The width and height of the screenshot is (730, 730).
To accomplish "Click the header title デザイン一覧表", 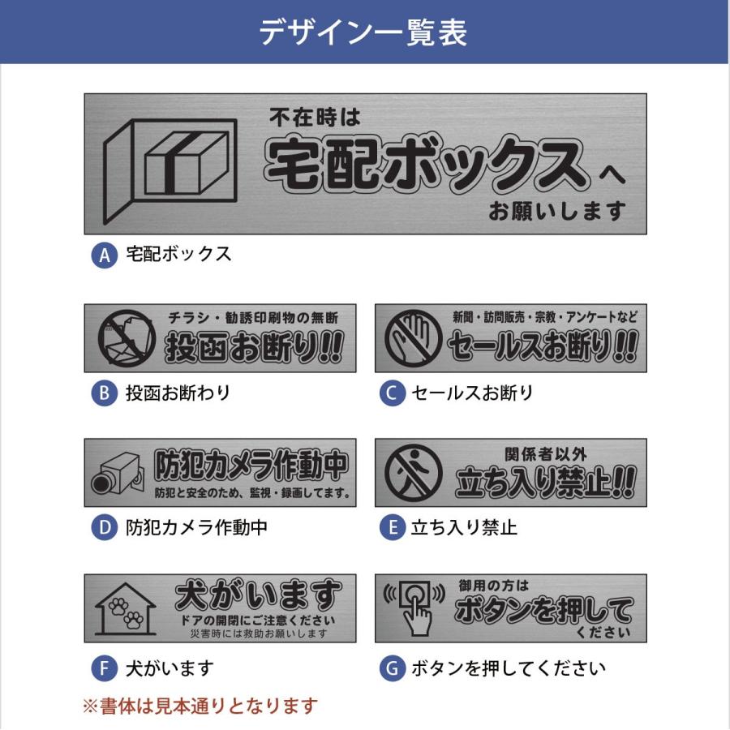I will tap(363, 32).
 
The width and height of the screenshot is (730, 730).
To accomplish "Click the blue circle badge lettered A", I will tap(104, 255).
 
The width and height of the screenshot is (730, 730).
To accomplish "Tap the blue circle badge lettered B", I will tap(104, 394).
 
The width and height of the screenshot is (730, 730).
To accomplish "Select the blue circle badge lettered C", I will tap(392, 394).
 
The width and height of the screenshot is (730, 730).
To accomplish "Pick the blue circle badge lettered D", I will tap(104, 528).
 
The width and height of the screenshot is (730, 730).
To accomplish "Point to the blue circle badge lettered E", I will tap(392, 528).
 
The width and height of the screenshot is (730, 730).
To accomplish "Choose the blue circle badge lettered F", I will tap(104, 669).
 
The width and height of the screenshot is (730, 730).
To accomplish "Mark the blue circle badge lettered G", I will tap(392, 669).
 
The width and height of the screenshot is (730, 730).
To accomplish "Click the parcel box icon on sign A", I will tap(172, 165).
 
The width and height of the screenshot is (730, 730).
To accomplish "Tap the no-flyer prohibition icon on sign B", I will tap(125, 338).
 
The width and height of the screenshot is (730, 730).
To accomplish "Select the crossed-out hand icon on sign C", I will tap(413, 338).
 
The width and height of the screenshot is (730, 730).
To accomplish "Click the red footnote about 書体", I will tap(200, 706).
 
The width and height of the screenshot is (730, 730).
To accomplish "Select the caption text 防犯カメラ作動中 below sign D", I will tap(197, 528).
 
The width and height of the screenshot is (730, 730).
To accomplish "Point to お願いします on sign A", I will tap(557, 212).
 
